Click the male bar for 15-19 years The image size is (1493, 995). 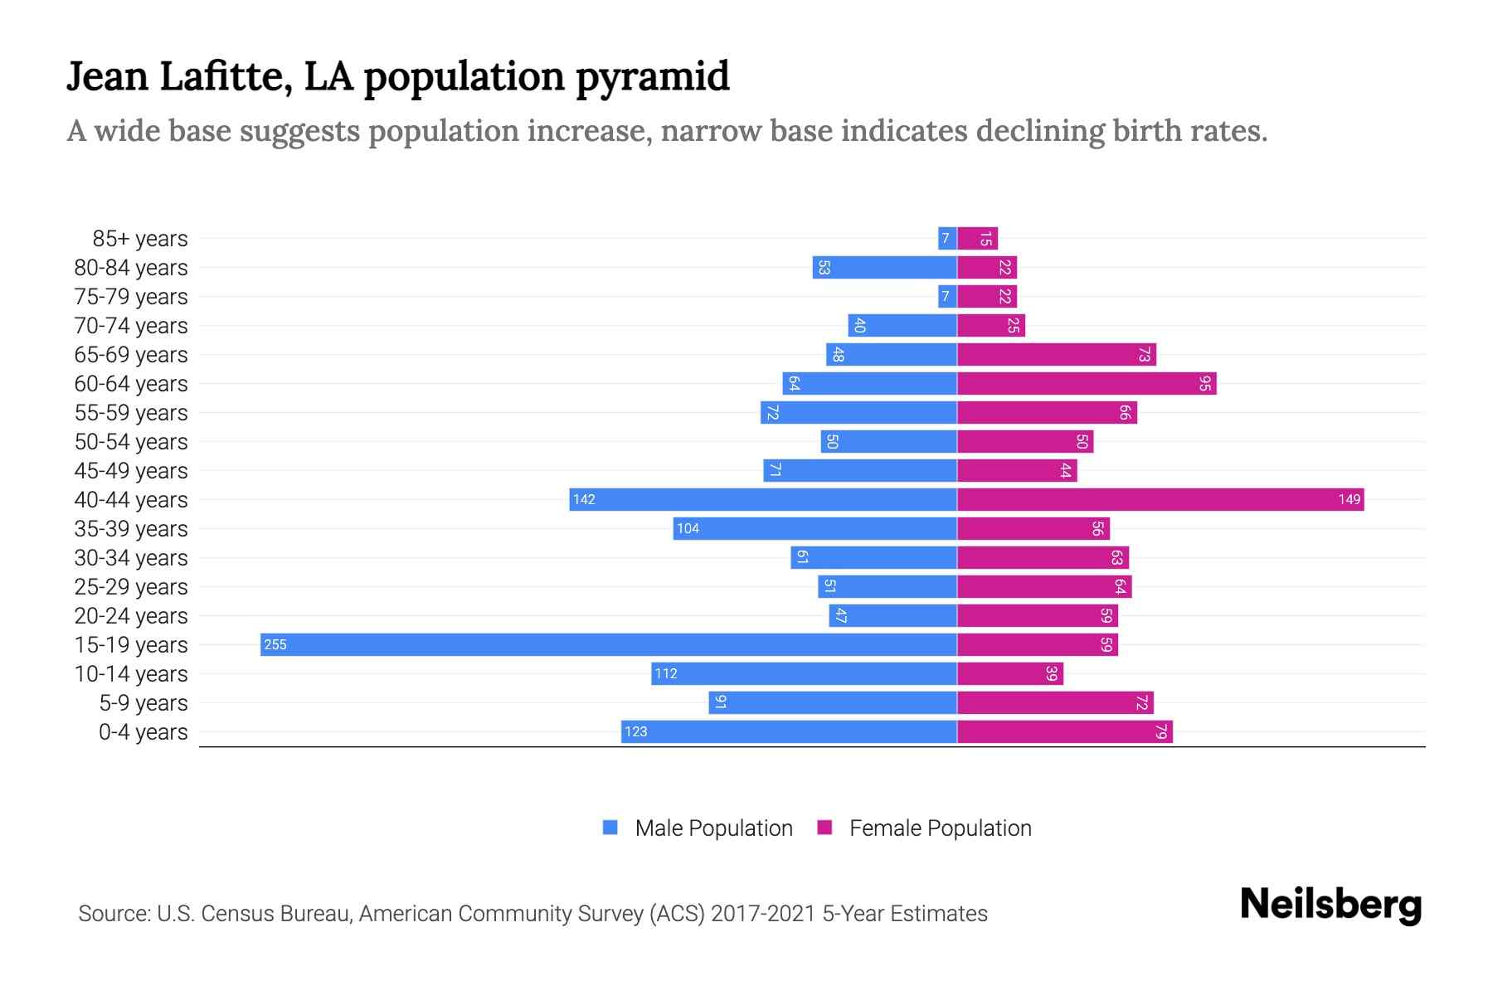point(609,645)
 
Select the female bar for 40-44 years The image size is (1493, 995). point(1160,500)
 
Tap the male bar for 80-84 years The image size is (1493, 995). point(884,268)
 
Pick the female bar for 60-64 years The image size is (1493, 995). point(1087,384)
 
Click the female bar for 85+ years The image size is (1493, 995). point(978,239)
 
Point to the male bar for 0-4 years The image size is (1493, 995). point(789,732)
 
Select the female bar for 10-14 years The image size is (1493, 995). point(1010,674)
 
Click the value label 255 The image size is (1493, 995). point(275,645)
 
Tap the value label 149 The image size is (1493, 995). point(1349,500)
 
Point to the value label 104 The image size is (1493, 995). point(688,529)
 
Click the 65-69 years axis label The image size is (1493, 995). point(131,355)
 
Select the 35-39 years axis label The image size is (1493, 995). point(131,529)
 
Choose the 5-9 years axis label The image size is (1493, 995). point(143,703)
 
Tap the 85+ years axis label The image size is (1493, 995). point(140,239)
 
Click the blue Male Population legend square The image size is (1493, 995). point(610,828)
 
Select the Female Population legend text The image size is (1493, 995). point(940,828)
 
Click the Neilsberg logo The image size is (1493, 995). point(1330,905)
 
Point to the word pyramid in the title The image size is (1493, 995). point(652,76)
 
